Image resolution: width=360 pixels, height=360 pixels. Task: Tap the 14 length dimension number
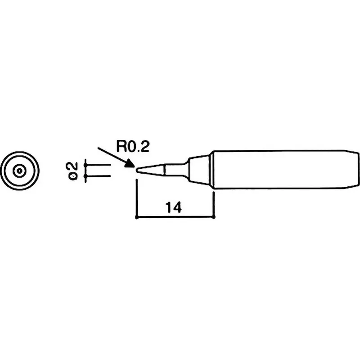coord(173,207)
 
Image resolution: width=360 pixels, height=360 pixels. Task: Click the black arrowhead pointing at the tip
coord(130,163)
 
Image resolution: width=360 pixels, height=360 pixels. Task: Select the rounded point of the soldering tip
coord(137,171)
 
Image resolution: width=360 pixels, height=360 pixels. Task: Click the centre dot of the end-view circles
coord(20,171)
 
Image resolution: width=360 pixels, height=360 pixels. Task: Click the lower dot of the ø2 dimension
coord(85,176)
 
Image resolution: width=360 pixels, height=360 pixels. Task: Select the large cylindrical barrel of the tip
coord(279,170)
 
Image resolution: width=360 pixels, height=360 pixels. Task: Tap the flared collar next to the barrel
coord(199,170)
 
